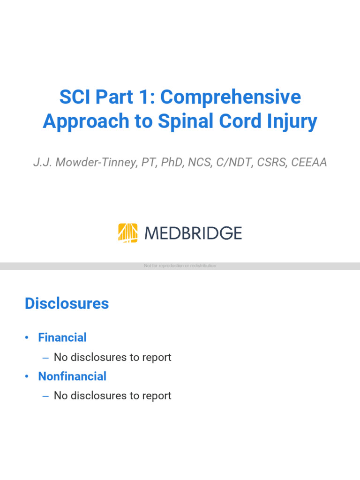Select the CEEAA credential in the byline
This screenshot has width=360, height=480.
coord(309,163)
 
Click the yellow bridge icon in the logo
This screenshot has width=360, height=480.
coord(127,233)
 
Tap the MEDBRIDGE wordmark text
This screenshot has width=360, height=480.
coord(193,233)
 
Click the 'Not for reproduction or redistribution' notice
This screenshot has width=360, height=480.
coord(180,266)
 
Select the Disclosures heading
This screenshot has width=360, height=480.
coord(67,304)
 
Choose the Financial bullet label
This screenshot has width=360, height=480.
coord(62,337)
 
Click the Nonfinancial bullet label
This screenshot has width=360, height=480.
coord(72,376)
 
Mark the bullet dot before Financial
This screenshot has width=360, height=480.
coord(28,338)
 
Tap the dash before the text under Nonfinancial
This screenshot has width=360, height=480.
coord(45,396)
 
